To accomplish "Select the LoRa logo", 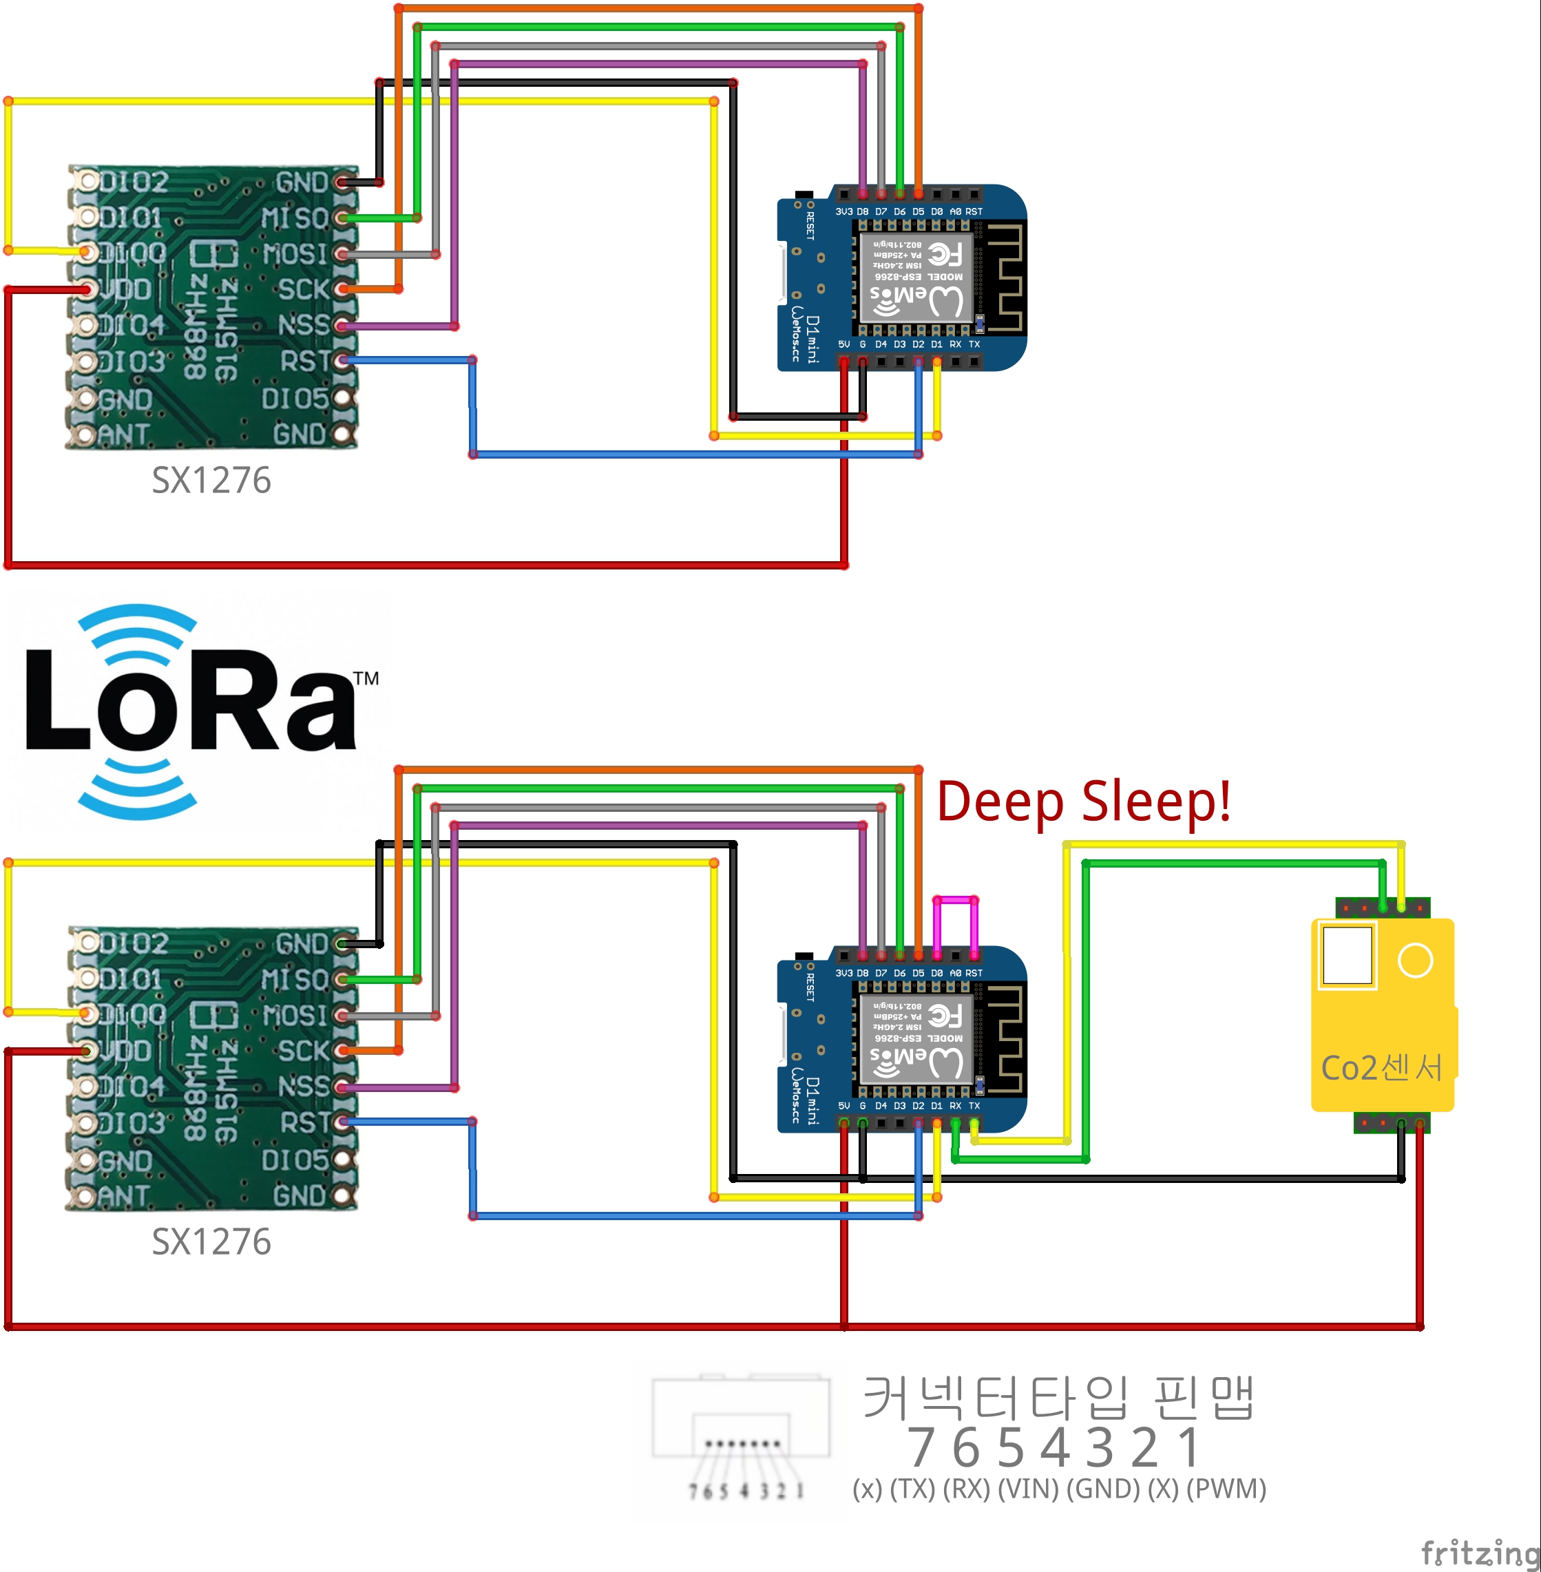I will pos(194,713).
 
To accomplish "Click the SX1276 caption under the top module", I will pos(211,480).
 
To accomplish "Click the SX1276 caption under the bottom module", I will pos(211,1241).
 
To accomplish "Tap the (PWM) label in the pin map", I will pos(1226,1489).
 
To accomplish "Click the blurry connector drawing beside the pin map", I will pos(741,1433).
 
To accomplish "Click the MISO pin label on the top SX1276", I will pos(295,218).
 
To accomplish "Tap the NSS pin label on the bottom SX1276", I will pos(304,1087).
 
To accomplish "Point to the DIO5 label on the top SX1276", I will pos(295,398).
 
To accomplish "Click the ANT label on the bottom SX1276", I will pos(124,1195).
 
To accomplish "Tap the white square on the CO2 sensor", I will pos(1347,956).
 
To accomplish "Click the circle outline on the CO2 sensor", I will pos(1415,961).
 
